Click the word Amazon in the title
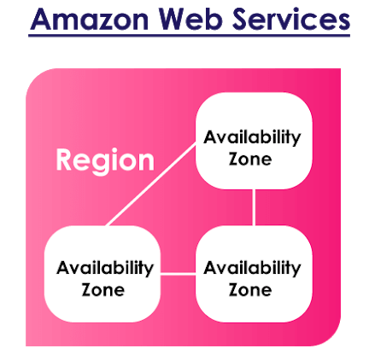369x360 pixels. point(89,20)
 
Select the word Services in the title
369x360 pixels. point(291,19)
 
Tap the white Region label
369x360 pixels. point(105,160)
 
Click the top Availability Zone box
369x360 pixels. point(254,141)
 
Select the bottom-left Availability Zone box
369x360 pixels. point(102,274)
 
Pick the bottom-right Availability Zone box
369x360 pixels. point(254,274)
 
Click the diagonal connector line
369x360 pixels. point(151,184)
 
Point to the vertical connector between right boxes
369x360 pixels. point(254,207)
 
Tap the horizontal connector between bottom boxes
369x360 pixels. point(179,274)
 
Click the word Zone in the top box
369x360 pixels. point(250,159)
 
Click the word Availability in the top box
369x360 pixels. point(252,137)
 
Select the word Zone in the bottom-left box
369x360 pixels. point(103,290)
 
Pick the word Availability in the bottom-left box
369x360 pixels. point(105,269)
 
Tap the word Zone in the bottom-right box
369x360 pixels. point(250,290)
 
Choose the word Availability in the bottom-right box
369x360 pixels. point(252,269)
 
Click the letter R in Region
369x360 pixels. point(63,160)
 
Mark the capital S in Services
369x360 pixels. point(242,19)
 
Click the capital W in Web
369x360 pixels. point(173,20)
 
